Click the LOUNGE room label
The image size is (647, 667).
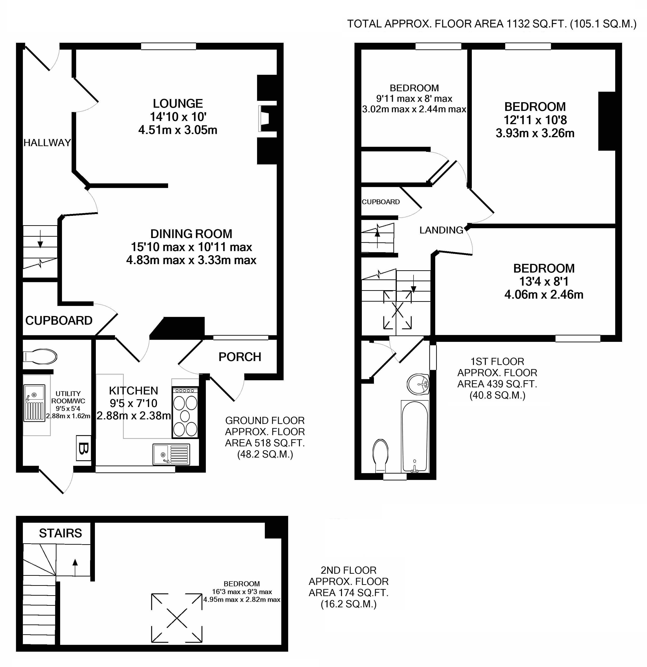click(x=178, y=103)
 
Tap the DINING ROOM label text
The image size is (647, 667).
click(x=191, y=234)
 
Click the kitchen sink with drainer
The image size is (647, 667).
click(x=171, y=454)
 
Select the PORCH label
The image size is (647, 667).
click(x=240, y=357)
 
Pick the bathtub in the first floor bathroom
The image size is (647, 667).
click(x=415, y=437)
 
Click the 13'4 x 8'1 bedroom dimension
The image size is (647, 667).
click(x=544, y=281)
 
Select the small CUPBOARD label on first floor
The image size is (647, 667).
click(x=381, y=202)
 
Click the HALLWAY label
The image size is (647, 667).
click(x=47, y=143)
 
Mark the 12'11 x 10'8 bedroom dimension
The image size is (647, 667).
click(x=535, y=120)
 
